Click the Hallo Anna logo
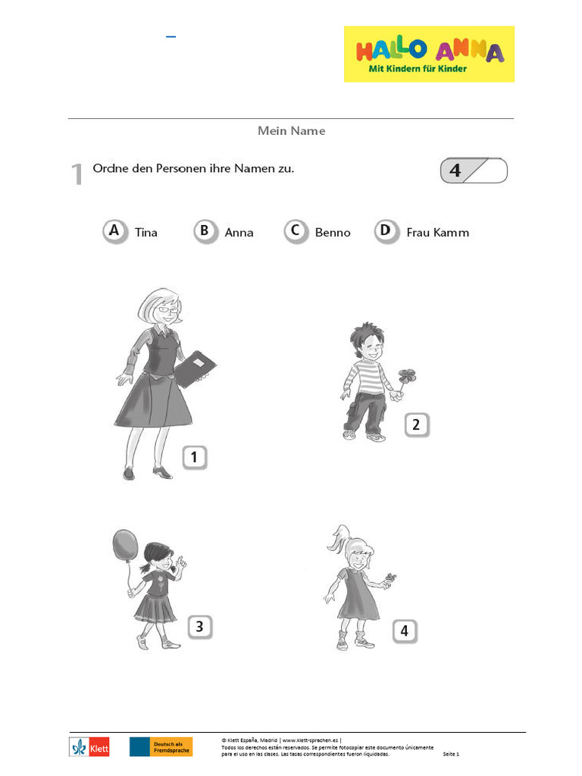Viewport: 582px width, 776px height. coord(429,54)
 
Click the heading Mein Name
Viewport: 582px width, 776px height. coord(291,131)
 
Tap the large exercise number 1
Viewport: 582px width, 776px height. coord(77,174)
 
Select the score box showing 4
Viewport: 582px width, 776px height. coord(473,171)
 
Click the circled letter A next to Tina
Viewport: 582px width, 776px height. coord(114,231)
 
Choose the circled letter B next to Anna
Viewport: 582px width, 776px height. coord(205,231)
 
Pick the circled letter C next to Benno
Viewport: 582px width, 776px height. coord(296,231)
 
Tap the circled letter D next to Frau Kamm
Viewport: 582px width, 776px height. coord(386,231)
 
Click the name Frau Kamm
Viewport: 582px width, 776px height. coord(437,233)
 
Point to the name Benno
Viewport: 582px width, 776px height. coord(333,233)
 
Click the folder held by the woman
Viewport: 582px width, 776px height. coord(196,369)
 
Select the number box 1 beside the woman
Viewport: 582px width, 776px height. coord(194,457)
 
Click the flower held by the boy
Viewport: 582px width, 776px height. coord(407,377)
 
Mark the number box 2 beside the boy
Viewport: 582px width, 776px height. coord(416,425)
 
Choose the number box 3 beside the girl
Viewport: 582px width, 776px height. coord(199,627)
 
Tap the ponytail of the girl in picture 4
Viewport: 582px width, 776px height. coord(336,538)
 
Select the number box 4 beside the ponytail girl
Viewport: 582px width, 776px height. coord(405,630)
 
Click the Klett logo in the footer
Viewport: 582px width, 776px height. coord(89,746)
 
